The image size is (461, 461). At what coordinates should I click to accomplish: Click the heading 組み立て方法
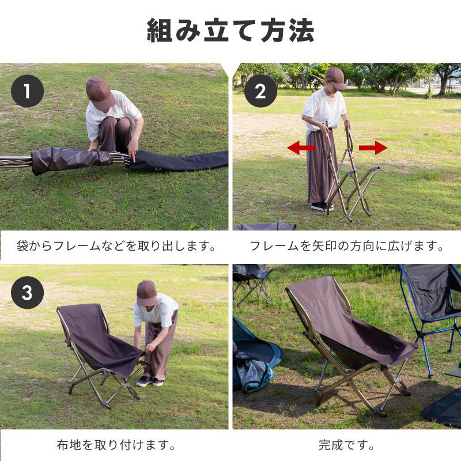tap(231, 31)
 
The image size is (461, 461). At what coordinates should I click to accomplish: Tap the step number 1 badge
tap(27, 91)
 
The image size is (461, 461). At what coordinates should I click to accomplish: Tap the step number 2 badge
tap(260, 91)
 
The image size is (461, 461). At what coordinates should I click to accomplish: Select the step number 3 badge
tap(27, 292)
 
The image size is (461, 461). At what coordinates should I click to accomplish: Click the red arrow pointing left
tap(301, 148)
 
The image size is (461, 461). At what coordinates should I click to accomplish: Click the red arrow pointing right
tap(373, 148)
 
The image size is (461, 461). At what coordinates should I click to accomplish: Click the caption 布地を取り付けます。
tap(116, 445)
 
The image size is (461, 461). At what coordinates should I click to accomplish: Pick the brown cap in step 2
tap(335, 77)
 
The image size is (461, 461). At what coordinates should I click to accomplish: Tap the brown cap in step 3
tap(146, 292)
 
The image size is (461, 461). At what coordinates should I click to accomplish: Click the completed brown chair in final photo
tap(346, 334)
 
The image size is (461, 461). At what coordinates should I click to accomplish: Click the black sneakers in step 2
tap(322, 206)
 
